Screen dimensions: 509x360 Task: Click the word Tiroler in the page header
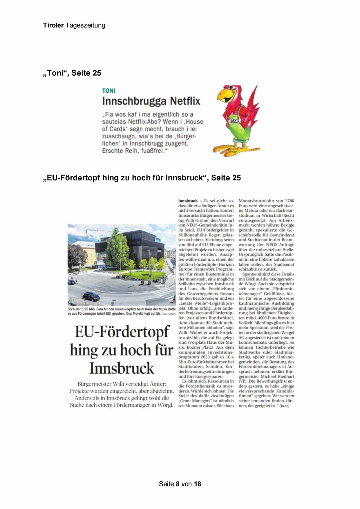[x=53, y=25]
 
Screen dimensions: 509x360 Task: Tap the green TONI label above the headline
[x=108, y=91]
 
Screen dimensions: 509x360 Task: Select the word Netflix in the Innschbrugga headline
[x=185, y=101]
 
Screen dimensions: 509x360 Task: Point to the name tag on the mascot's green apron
[x=234, y=120]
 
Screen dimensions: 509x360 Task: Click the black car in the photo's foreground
[x=91, y=296]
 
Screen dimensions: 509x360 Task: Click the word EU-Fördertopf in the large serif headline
[x=122, y=332]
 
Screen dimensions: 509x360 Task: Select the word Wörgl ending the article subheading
[x=165, y=405]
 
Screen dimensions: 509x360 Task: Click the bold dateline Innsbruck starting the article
[x=188, y=201]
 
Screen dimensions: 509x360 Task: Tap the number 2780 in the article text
[x=289, y=201]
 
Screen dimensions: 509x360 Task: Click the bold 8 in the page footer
[x=178, y=484]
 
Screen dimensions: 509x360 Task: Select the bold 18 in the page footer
[x=197, y=484]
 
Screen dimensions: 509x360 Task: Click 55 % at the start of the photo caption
[x=71, y=309]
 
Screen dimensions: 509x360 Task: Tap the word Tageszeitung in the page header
[x=85, y=25]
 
